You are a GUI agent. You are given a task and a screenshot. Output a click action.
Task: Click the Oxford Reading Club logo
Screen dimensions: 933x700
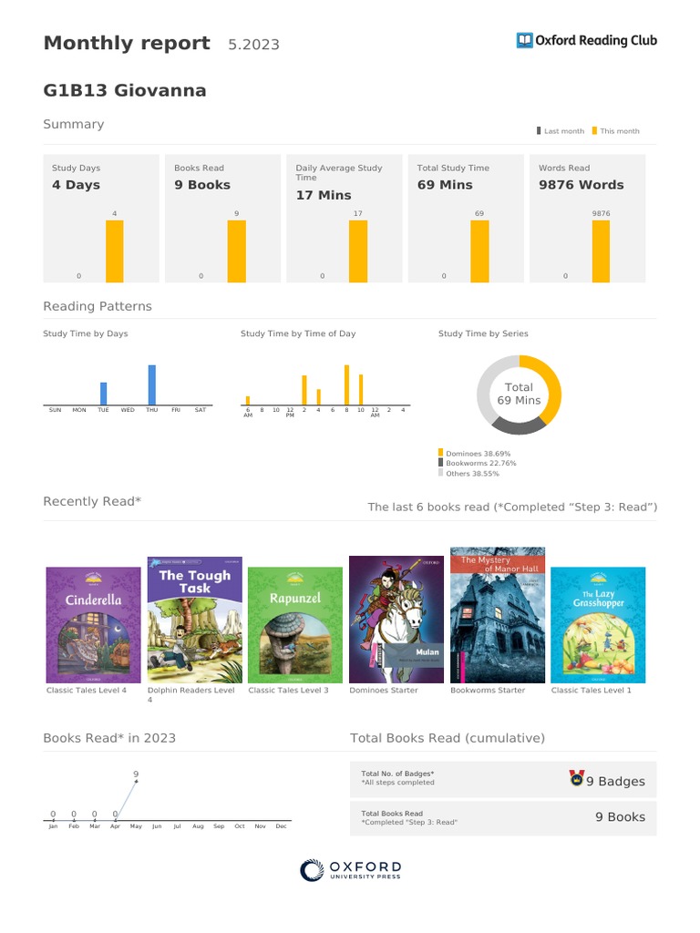click(586, 40)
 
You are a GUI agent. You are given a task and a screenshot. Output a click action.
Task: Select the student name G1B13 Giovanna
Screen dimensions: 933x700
click(125, 90)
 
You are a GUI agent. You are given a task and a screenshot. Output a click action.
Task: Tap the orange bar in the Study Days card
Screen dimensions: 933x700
click(114, 251)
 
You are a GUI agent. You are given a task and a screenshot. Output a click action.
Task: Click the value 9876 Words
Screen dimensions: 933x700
click(581, 185)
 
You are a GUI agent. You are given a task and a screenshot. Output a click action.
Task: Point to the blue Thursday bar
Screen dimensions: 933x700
click(151, 384)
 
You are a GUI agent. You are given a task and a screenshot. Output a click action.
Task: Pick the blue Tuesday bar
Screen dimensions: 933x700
click(103, 394)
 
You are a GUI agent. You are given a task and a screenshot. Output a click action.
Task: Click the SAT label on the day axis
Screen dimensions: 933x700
click(201, 410)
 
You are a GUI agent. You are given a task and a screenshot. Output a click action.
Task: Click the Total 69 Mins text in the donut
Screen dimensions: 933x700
click(519, 394)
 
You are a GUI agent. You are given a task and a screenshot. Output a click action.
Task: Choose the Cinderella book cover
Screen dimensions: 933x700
click(93, 625)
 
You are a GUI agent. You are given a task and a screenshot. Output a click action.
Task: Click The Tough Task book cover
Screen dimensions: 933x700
click(194, 620)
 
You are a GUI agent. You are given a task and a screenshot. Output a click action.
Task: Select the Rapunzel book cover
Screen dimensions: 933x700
click(295, 625)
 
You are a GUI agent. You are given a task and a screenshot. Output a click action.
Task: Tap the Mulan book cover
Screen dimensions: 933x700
click(396, 620)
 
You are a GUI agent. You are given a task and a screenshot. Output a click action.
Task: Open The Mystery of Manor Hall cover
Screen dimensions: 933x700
click(497, 615)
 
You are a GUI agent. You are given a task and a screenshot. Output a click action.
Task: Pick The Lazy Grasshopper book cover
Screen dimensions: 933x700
click(598, 625)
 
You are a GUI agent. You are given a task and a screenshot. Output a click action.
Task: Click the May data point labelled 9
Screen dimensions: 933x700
click(136, 782)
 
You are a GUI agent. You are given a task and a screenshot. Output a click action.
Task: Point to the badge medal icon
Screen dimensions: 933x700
click(576, 779)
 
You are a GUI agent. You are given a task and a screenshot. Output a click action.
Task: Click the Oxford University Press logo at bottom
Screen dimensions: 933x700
click(350, 870)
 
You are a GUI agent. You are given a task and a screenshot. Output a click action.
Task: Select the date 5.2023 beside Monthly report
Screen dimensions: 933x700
click(253, 45)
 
